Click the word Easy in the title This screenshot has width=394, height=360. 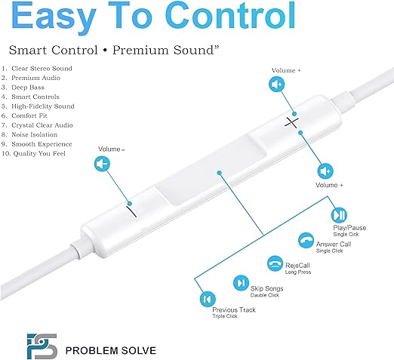click(54, 17)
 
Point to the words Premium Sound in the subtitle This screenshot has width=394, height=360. click(165, 50)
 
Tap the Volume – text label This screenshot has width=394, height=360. click(111, 149)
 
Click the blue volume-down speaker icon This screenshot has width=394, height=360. click(102, 164)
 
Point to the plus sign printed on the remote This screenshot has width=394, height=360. click(291, 123)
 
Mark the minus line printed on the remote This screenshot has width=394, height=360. click(131, 212)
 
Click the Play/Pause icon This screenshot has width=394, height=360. click(339, 215)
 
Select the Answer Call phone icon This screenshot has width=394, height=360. click(306, 240)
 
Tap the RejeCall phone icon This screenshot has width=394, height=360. click(275, 263)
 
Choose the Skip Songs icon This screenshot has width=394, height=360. click(241, 283)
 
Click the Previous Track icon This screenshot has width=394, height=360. click(208, 299)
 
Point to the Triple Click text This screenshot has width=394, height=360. click(225, 316)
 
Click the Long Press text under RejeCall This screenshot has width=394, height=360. click(298, 272)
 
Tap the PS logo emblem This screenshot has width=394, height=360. click(42, 346)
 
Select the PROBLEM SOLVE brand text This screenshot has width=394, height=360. click(111, 350)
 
